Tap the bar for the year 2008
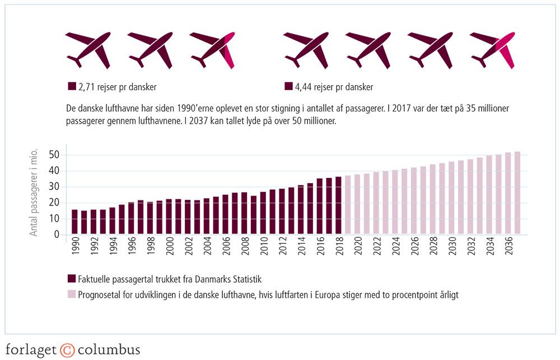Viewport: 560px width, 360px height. pyautogui.click(x=244, y=213)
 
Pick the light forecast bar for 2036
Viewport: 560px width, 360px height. pyautogui.click(x=507, y=193)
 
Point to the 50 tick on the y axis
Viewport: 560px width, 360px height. pyautogui.click(x=55, y=155)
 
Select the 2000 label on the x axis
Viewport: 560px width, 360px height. pyautogui.click(x=169, y=248)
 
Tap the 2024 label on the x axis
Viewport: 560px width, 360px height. pyautogui.click(x=395, y=248)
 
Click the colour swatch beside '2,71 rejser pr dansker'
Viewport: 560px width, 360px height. pyautogui.click(x=71, y=87)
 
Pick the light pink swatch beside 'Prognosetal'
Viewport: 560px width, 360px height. pyautogui.click(x=71, y=294)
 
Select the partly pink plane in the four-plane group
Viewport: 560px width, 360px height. pyautogui.click(x=492, y=50)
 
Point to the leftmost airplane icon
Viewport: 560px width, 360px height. pyautogui.click(x=88, y=50)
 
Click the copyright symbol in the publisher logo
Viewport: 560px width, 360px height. pyautogui.click(x=67, y=350)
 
